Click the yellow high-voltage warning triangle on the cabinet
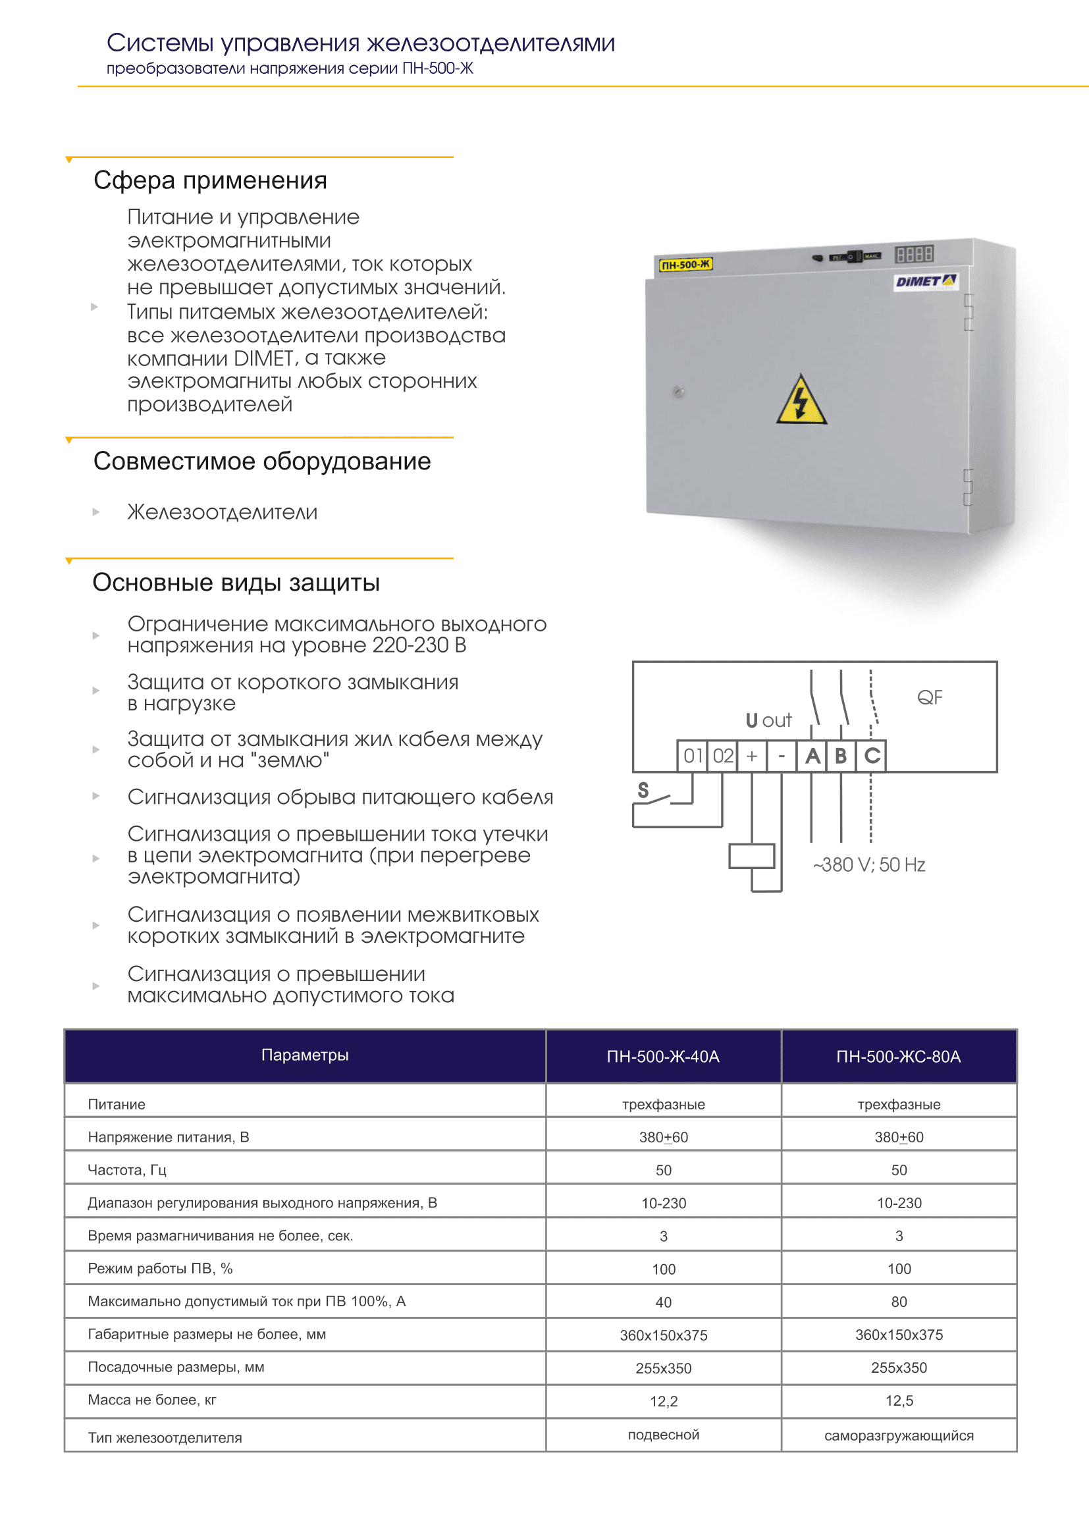(801, 401)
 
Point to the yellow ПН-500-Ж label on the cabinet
(685, 264)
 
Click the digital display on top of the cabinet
(915, 253)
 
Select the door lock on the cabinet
(679, 392)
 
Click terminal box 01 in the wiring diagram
(692, 756)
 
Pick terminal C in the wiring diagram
(872, 756)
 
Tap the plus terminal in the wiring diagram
(753, 756)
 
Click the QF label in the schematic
(930, 697)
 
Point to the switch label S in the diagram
(643, 790)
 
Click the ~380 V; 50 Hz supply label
(869, 864)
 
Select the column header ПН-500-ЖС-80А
(899, 1056)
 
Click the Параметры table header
(305, 1055)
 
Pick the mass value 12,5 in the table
(899, 1400)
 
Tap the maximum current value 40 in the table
(663, 1302)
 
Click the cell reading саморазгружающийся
(899, 1435)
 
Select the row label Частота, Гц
(128, 1170)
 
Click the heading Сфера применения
(211, 180)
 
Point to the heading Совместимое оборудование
(262, 462)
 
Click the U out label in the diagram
(768, 720)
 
